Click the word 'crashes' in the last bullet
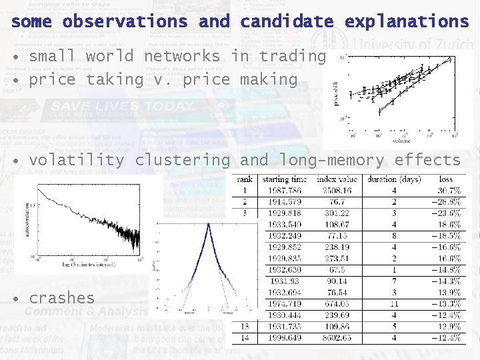pyautogui.click(x=62, y=297)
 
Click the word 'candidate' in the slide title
pyautogui.click(x=287, y=21)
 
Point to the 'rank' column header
pyautogui.click(x=244, y=179)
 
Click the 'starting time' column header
pyautogui.click(x=285, y=179)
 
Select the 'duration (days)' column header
pyautogui.click(x=390, y=179)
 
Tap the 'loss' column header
pyautogui.click(x=445, y=179)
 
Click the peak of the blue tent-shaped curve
pyautogui.click(x=209, y=225)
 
